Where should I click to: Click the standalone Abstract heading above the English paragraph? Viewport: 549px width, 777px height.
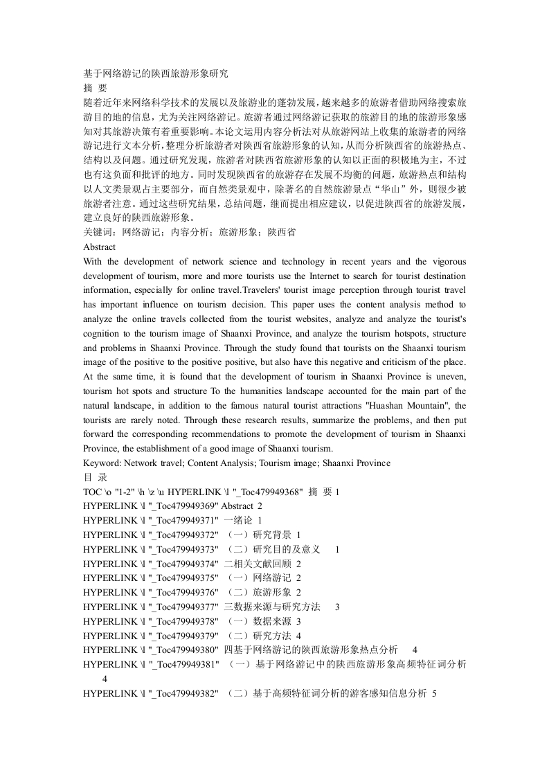point(99,247)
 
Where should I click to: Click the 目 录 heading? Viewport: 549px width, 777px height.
point(95,477)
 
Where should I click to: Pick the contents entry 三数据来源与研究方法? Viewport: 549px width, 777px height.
point(272,607)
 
